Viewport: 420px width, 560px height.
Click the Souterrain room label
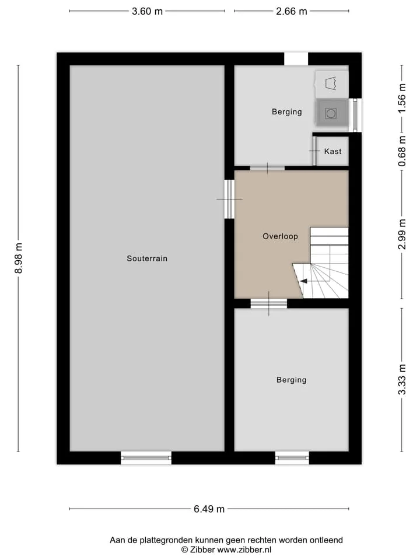coord(147,258)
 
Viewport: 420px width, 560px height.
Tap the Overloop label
coord(280,236)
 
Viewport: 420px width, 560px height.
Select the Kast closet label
coord(332,152)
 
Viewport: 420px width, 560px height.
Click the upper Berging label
coord(287,112)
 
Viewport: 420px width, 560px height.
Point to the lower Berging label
coord(292,380)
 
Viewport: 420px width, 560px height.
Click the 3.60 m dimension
coord(147,12)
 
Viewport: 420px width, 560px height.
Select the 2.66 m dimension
coord(292,12)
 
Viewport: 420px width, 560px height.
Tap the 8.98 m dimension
coord(19,258)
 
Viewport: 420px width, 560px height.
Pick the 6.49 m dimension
coord(209,509)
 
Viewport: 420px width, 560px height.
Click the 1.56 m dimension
coord(402,98)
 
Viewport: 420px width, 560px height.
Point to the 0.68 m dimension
coord(402,151)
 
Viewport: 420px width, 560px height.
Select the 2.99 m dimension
coord(402,234)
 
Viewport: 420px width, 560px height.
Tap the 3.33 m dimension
coord(402,379)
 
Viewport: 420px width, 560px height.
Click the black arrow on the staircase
coord(303,281)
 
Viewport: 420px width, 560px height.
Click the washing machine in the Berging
coord(331,113)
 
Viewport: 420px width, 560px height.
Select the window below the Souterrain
coord(146,457)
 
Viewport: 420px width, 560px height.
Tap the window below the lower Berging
coord(292,457)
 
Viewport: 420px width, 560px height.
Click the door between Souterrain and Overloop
coord(229,199)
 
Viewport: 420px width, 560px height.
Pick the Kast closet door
coord(314,151)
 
